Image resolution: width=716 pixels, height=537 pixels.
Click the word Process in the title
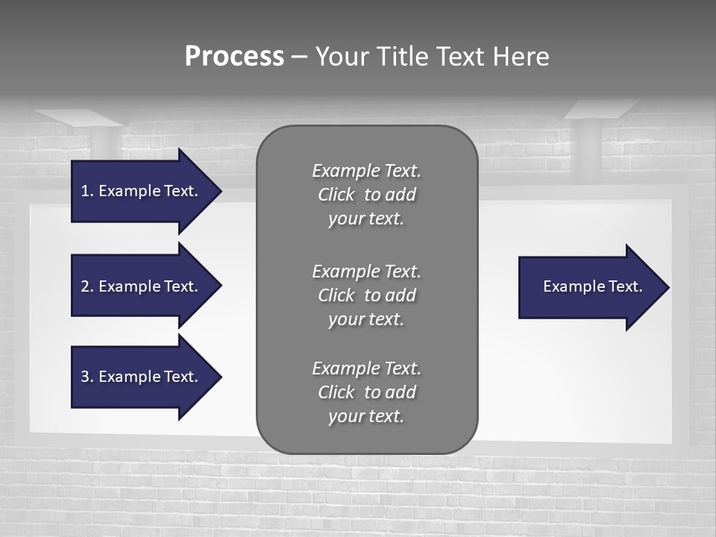pos(234,57)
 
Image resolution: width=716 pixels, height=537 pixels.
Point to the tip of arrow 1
pos(220,191)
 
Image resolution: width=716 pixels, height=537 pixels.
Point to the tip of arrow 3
pos(220,377)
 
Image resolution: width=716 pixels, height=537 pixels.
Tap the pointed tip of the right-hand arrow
pos(668,287)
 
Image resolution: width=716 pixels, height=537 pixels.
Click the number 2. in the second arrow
pos(87,286)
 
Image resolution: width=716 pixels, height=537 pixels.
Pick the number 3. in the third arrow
pos(87,377)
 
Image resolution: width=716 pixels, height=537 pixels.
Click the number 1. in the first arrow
pos(87,191)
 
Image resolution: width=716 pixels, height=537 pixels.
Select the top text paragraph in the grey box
pos(366,195)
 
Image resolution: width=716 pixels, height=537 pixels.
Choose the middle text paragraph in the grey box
pos(366,295)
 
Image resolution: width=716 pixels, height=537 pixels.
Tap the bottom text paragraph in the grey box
pos(366,392)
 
